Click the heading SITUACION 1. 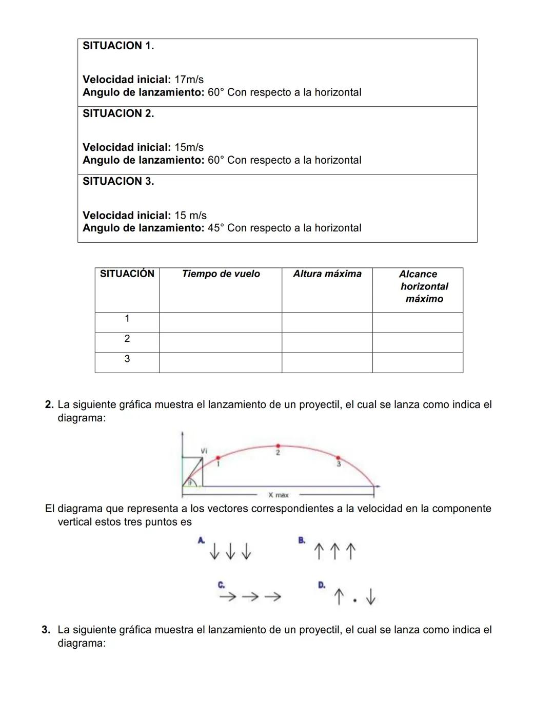point(118,46)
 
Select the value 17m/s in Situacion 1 point(189,80)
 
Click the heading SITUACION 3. point(118,181)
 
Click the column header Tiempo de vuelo point(221,274)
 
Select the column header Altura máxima point(327,274)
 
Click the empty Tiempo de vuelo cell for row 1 point(221,322)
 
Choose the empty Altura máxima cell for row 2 point(327,342)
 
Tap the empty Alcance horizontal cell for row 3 point(418,362)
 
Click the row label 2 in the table point(127,339)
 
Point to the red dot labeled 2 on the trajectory point(278,446)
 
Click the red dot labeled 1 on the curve point(218,457)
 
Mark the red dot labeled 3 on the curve point(338,457)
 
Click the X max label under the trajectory point(279,495)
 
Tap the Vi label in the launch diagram point(204,450)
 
